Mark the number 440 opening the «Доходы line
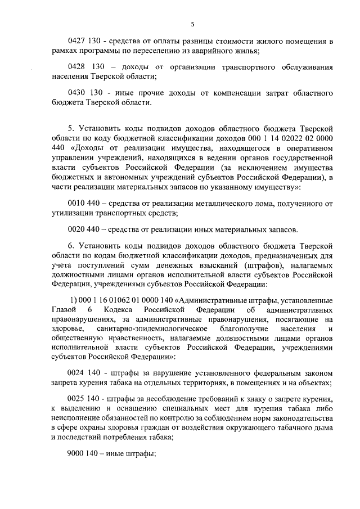point(58,148)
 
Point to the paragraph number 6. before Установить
point(71,246)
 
